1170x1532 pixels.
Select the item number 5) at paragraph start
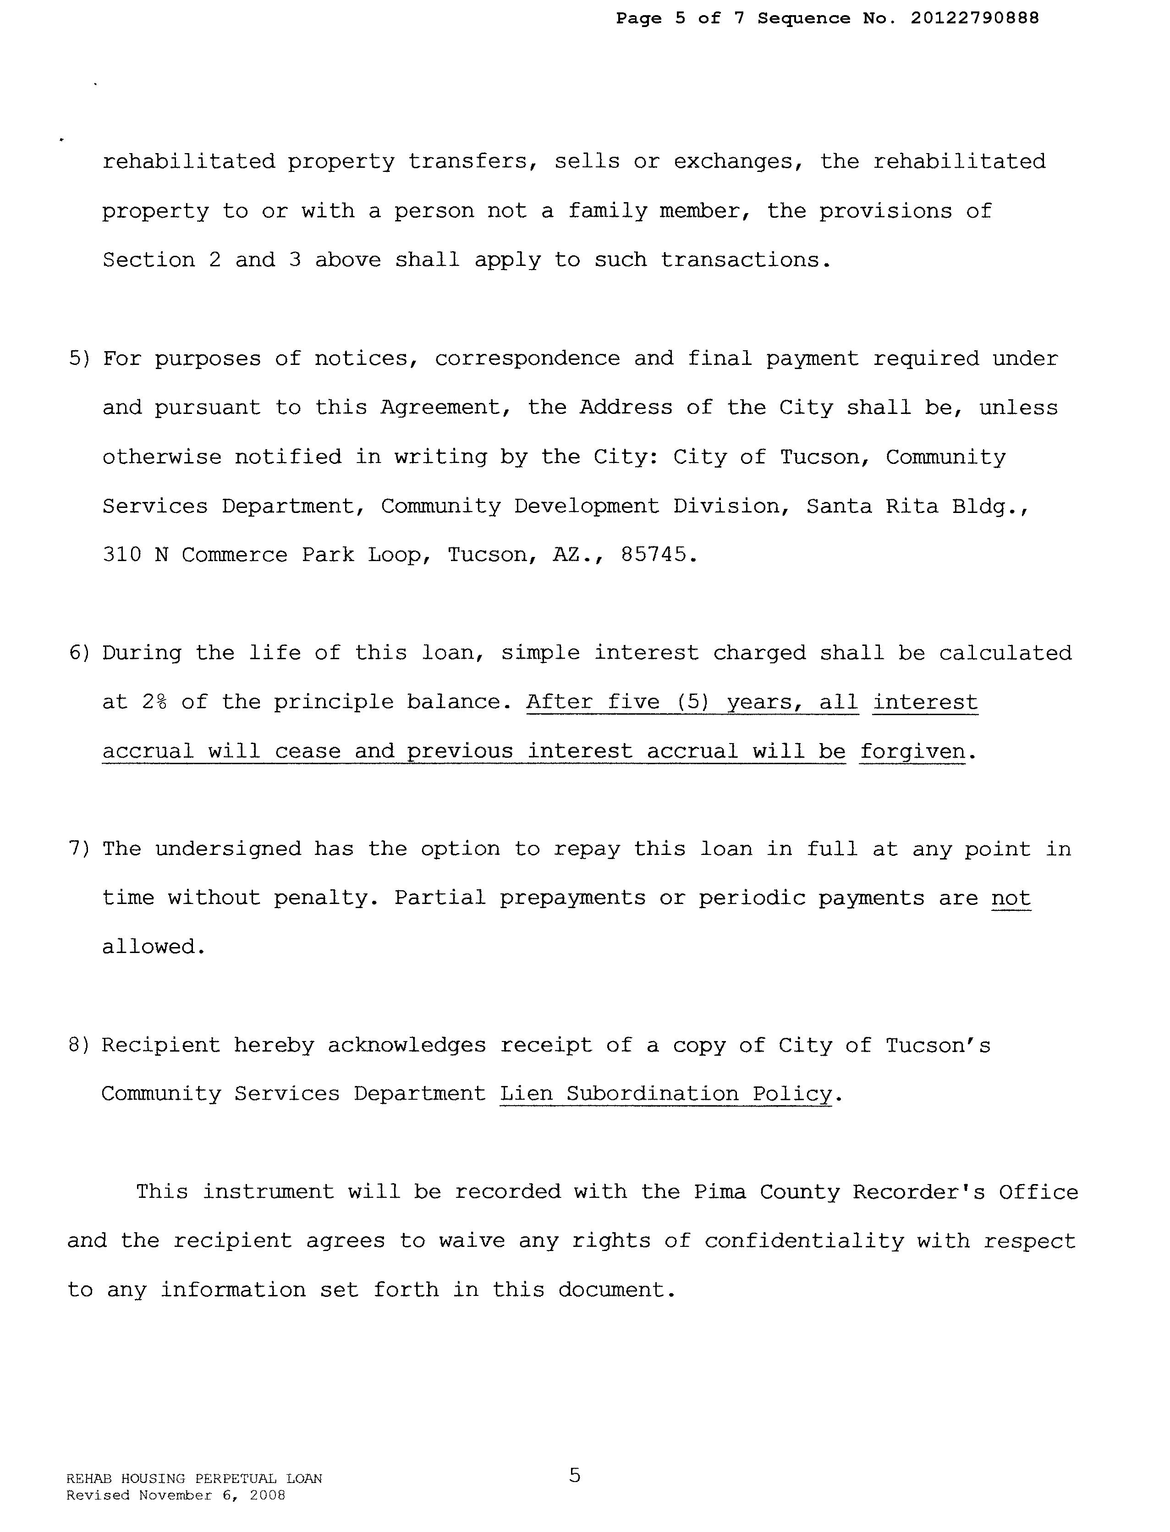coord(79,359)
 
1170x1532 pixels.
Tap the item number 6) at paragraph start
coord(79,654)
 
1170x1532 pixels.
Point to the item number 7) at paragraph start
coord(79,849)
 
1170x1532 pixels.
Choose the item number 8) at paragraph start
coord(79,1046)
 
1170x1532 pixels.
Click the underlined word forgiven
coord(912,752)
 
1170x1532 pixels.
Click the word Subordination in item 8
coord(653,1095)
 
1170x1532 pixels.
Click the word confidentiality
coord(804,1241)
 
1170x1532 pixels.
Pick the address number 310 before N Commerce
coord(122,555)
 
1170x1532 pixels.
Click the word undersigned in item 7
coord(228,849)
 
